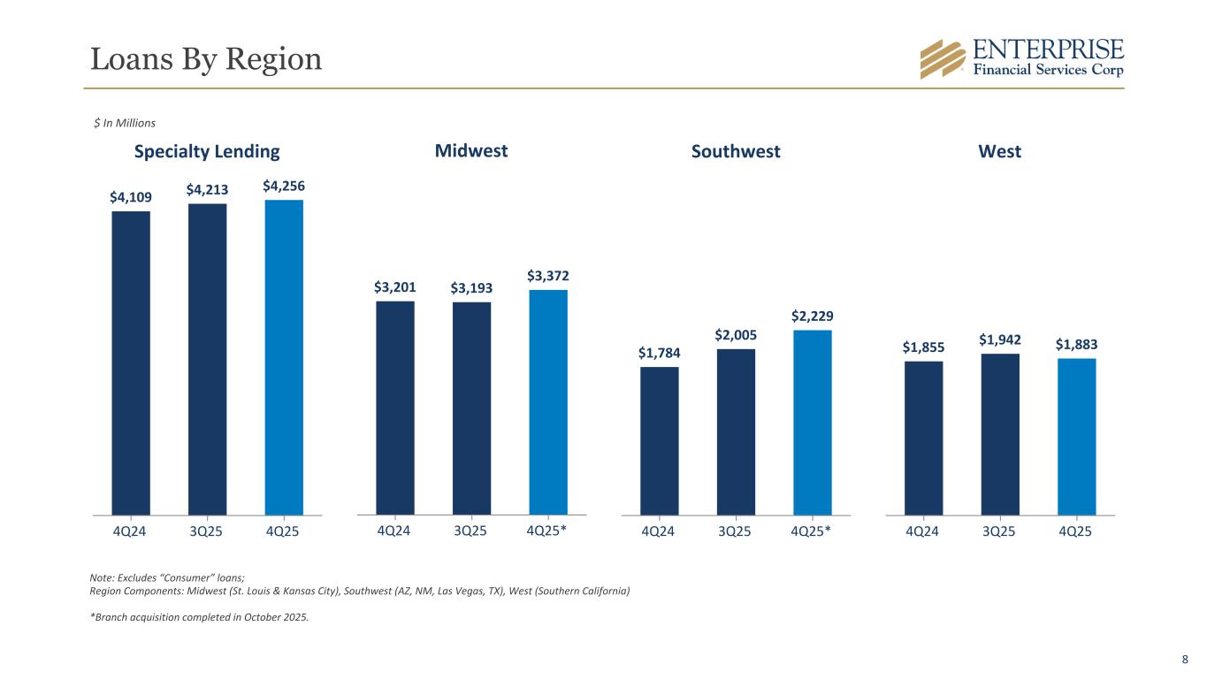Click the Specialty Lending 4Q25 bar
(x=284, y=357)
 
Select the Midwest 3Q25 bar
(x=471, y=408)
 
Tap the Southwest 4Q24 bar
(x=660, y=440)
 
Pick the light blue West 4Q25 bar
(x=1076, y=436)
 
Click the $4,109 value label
(x=130, y=198)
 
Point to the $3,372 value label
(x=548, y=277)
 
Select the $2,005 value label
(x=736, y=335)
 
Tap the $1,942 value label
(x=1000, y=340)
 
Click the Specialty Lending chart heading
(x=207, y=151)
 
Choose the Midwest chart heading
(x=471, y=151)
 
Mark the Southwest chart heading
(x=736, y=152)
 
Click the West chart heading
(x=1000, y=152)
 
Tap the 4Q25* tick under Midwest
(x=548, y=531)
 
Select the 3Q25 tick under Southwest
(x=736, y=531)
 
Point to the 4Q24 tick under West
(x=923, y=531)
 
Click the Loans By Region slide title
(x=206, y=59)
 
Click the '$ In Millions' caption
(x=125, y=123)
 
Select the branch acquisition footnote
(x=200, y=618)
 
